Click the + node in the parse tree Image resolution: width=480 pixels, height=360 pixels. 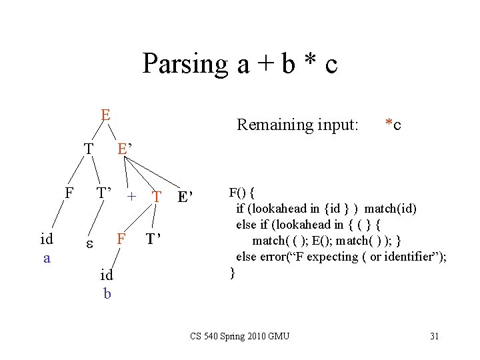pos(132,196)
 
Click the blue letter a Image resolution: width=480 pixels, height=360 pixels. pos(47,257)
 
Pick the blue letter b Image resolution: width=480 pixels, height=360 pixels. pos(107,291)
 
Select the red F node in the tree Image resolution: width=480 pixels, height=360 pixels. pos(121,239)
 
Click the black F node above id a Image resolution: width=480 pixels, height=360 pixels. pos(69,193)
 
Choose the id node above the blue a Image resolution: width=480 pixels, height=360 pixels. pos(47,239)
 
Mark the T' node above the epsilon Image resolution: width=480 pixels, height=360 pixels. pos(104,194)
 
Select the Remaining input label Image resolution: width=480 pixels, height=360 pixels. pos(298,125)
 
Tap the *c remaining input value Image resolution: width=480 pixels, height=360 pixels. pos(393,125)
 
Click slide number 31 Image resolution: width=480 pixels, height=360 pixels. pos(434,336)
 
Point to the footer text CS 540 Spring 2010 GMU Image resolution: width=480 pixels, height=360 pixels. pos(239,336)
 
